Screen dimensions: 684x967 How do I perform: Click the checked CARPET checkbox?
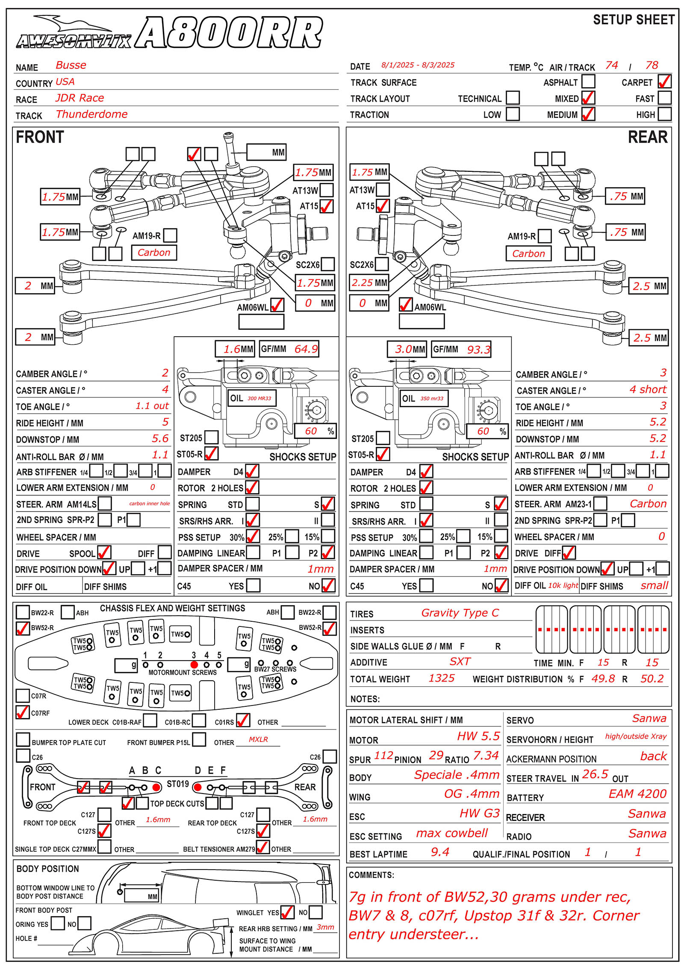pyautogui.click(x=664, y=81)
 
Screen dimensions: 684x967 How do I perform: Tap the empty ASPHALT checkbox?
pyautogui.click(x=588, y=81)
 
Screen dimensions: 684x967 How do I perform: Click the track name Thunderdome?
pyautogui.click(x=91, y=114)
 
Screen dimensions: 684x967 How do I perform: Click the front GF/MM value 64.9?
pyautogui.click(x=306, y=349)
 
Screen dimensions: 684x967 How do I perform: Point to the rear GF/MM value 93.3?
pyautogui.click(x=478, y=350)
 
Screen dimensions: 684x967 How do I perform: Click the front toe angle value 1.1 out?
pyautogui.click(x=152, y=406)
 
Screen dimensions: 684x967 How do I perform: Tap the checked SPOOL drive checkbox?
pyautogui.click(x=104, y=553)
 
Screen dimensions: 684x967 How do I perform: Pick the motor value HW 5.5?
pyautogui.click(x=478, y=736)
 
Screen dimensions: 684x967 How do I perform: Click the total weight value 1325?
pyautogui.click(x=442, y=678)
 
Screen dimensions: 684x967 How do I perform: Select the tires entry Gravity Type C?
pyautogui.click(x=460, y=613)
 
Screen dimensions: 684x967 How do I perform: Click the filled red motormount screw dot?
pyautogui.click(x=194, y=664)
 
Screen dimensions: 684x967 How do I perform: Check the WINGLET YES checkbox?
pyautogui.click(x=287, y=912)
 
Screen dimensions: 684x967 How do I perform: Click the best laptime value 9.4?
pyautogui.click(x=440, y=852)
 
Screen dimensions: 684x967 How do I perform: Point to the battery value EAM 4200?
pyautogui.click(x=638, y=794)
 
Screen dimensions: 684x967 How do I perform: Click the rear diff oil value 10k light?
pyautogui.click(x=563, y=585)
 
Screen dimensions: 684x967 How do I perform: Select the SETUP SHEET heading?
pyautogui.click(x=634, y=20)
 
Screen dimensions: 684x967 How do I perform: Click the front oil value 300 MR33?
pyautogui.click(x=259, y=398)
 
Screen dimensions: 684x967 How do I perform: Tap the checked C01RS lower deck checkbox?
pyautogui.click(x=243, y=720)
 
